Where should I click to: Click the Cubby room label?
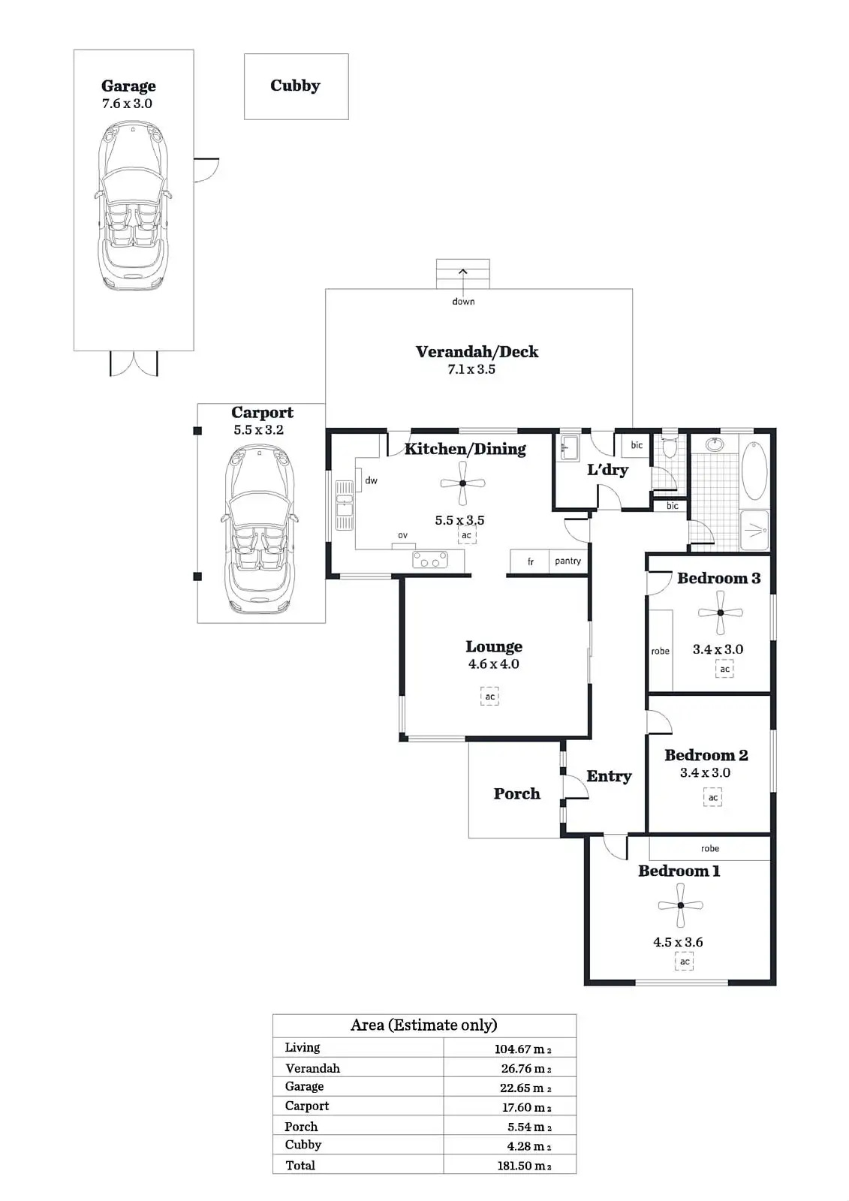pos(295,86)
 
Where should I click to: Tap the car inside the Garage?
pos(133,206)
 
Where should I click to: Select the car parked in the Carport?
pos(260,525)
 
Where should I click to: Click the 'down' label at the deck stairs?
pos(463,302)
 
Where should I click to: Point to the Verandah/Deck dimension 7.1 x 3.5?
pos(471,369)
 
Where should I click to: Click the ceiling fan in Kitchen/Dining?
pos(462,484)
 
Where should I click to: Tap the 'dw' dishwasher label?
pos(371,480)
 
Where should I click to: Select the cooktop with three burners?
pos(430,560)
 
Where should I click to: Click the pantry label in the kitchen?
pos(568,561)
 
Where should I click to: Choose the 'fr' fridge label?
pos(531,561)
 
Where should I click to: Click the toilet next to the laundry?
pos(670,448)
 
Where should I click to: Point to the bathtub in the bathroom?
pos(754,471)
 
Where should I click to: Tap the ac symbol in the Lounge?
pos(489,697)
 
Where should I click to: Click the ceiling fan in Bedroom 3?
pos(721,613)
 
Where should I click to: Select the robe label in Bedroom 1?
pos(710,848)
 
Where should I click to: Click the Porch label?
pos(516,793)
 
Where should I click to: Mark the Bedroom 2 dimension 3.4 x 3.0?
pos(705,772)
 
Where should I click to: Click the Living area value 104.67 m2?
pos(522,1049)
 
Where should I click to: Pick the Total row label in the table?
pos(300,1165)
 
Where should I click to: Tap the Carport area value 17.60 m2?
pos(527,1107)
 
